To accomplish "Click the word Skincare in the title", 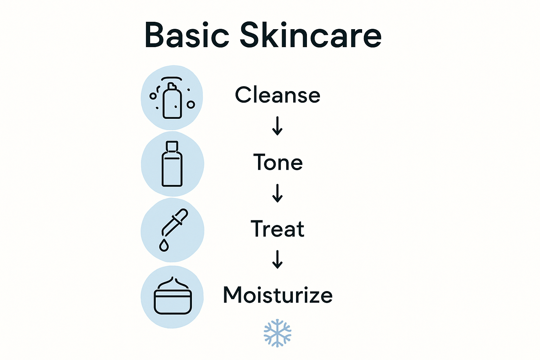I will pos(311,35).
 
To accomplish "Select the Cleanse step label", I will pos(277,95).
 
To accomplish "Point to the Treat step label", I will pos(277,229).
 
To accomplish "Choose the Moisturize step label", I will pos(278,295).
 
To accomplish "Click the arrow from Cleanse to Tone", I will pos(277,126).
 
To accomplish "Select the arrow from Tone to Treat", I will pos(277,193).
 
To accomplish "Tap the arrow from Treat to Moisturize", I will pos(277,259).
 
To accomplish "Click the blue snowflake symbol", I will pos(277,333).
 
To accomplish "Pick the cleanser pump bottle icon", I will pos(172,100).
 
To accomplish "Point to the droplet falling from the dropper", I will pos(164,245).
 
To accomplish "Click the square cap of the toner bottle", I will pos(172,146).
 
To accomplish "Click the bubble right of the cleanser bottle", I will pos(191,104).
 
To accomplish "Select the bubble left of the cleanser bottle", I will pos(153,96).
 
